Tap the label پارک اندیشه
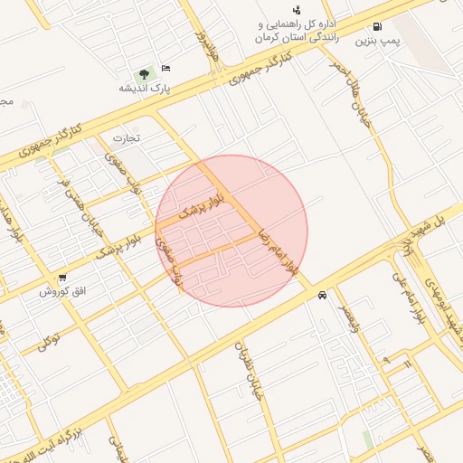pyautogui.click(x=145, y=89)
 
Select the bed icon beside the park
pyautogui.click(x=166, y=69)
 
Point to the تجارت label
pyautogui.click(x=128, y=137)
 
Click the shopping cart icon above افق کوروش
pyautogui.click(x=61, y=279)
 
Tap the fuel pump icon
pyautogui.click(x=376, y=26)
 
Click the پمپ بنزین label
pyautogui.click(x=376, y=41)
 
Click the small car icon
pyautogui.click(x=323, y=296)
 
